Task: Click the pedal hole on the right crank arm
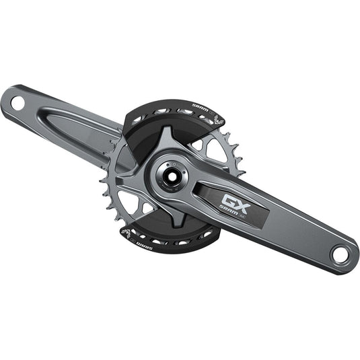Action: [340, 254]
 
